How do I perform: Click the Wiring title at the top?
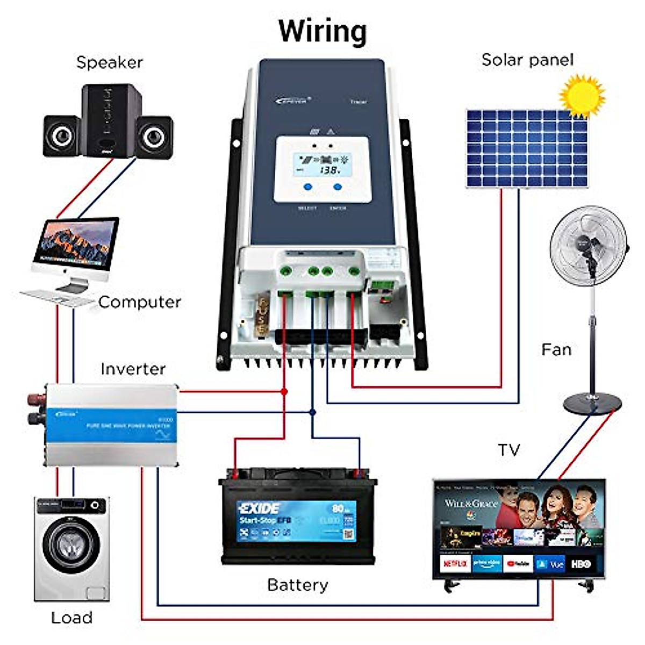click(x=322, y=31)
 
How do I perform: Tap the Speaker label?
click(x=110, y=62)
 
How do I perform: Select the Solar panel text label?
click(x=527, y=60)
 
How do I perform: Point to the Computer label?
click(x=140, y=302)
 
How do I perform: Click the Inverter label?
click(x=133, y=369)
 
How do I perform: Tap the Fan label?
click(x=556, y=350)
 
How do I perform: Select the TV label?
click(x=508, y=449)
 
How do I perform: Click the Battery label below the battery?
click(x=297, y=585)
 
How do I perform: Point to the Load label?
click(x=71, y=618)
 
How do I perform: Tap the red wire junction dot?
click(x=284, y=392)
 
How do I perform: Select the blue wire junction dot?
click(x=312, y=412)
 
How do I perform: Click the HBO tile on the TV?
click(x=581, y=564)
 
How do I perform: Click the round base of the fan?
click(x=592, y=403)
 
